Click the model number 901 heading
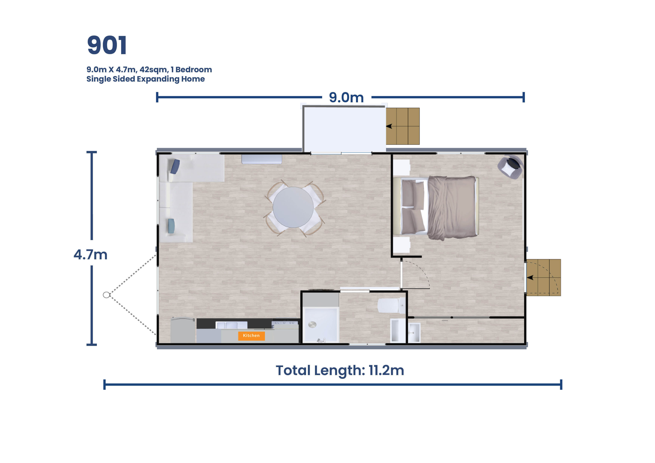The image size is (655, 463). point(107,45)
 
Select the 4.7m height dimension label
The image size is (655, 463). point(90,254)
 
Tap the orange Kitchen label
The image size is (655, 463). point(251,335)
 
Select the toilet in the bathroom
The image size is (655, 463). point(391,306)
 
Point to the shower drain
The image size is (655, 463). point(312,324)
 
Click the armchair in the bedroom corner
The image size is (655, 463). point(510,167)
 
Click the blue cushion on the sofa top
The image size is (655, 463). point(175,167)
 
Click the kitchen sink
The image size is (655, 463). point(231,325)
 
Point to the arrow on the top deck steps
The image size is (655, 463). point(389,126)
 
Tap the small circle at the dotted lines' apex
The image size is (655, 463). point(106,295)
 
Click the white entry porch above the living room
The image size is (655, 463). point(344,128)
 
